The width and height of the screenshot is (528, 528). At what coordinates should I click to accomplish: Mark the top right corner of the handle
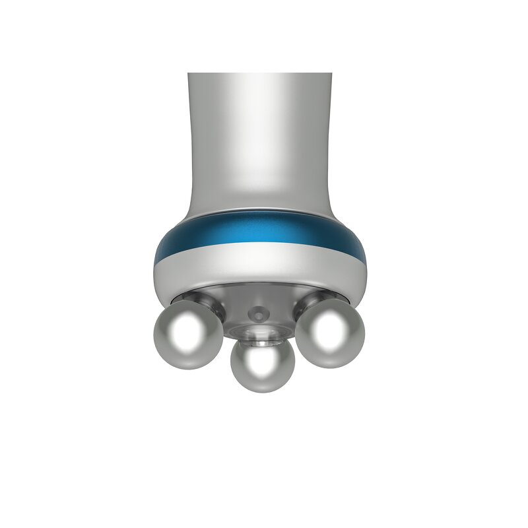pos(330,74)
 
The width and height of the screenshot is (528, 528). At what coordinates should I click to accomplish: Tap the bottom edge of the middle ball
pos(262,391)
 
